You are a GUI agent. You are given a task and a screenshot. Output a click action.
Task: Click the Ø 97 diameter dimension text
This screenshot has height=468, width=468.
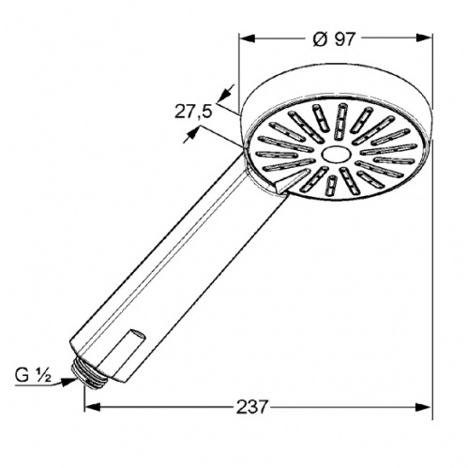click(x=334, y=39)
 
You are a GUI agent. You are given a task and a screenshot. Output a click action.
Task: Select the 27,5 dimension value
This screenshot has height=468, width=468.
click(x=193, y=112)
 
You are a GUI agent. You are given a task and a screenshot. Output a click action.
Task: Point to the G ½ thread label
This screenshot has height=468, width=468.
click(x=33, y=376)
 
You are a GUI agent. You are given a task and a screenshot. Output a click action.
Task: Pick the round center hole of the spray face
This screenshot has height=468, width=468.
click(x=334, y=154)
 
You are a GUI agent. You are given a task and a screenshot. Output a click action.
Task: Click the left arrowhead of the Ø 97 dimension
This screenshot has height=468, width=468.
click(x=248, y=38)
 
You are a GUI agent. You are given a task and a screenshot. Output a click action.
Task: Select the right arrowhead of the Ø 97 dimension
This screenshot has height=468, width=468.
click(x=424, y=38)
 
